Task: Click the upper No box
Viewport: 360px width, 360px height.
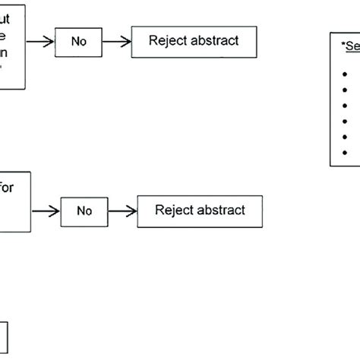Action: point(80,43)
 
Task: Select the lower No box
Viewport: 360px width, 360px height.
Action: point(85,210)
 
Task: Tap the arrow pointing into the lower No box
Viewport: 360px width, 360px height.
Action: point(46,210)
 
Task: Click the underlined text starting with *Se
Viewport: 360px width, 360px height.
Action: point(350,46)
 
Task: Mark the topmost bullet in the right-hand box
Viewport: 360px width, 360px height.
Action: point(346,74)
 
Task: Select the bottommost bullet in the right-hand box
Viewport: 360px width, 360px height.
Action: point(346,152)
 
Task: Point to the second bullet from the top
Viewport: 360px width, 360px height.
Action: point(346,90)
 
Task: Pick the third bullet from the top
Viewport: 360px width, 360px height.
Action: point(346,106)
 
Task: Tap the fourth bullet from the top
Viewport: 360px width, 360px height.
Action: point(346,121)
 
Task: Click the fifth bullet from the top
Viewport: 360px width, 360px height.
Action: point(346,137)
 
